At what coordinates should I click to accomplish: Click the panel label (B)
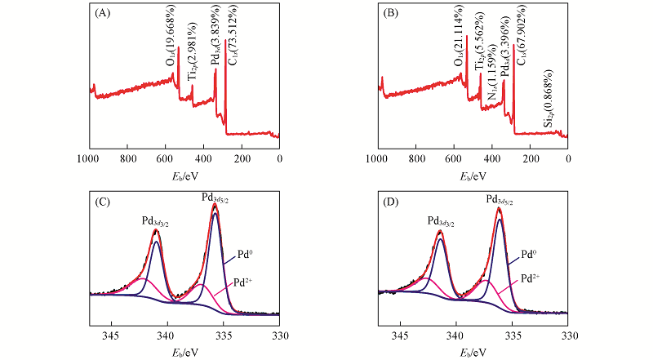(391, 13)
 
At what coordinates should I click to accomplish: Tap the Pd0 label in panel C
(242, 254)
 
